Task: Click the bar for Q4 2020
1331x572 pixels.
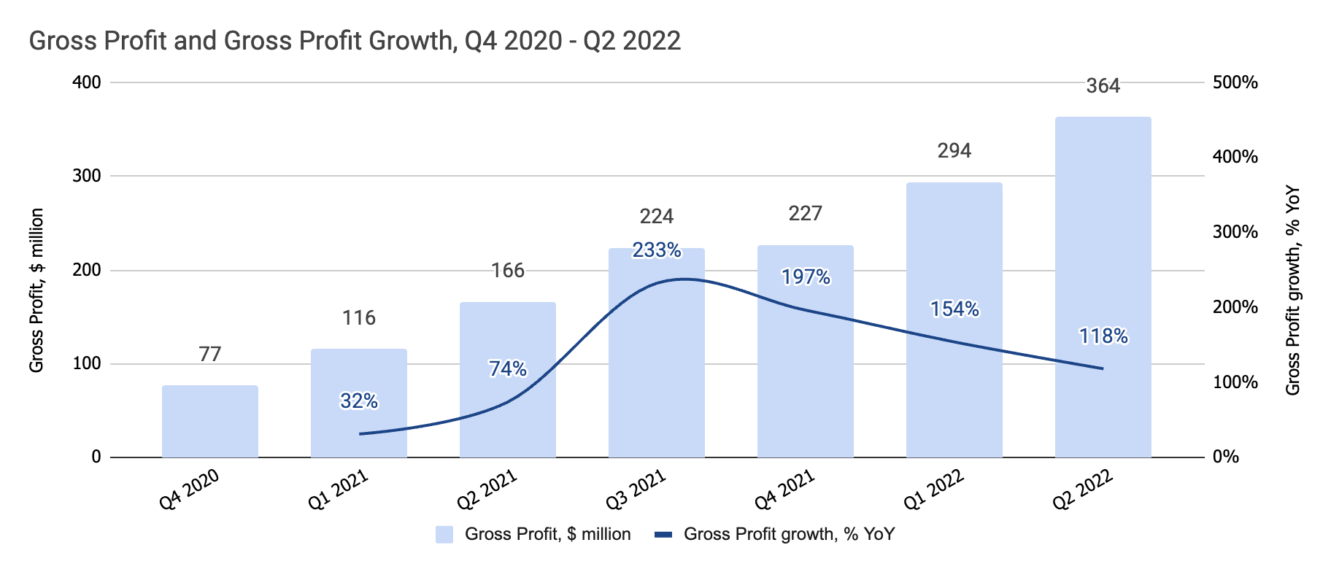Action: [x=210, y=422]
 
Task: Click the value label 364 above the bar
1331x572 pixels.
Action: [x=1103, y=86]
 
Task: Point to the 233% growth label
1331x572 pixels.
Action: [x=656, y=251]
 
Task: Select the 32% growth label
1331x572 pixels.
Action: [x=358, y=401]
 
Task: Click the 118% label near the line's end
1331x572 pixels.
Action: [x=1103, y=336]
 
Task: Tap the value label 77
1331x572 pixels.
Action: [x=210, y=355]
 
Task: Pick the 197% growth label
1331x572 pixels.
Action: [x=805, y=277]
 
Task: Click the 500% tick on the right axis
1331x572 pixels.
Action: [x=1235, y=82]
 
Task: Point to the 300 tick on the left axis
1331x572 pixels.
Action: [x=86, y=176]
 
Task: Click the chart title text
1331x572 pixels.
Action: [x=355, y=40]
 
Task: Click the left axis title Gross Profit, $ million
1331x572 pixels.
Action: [x=36, y=290]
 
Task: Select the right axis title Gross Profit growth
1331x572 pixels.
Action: [x=1292, y=290]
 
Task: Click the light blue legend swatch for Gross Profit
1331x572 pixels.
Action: [x=444, y=535]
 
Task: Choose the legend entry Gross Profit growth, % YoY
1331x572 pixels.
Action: [x=788, y=535]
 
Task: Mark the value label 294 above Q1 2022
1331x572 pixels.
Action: [x=954, y=151]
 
